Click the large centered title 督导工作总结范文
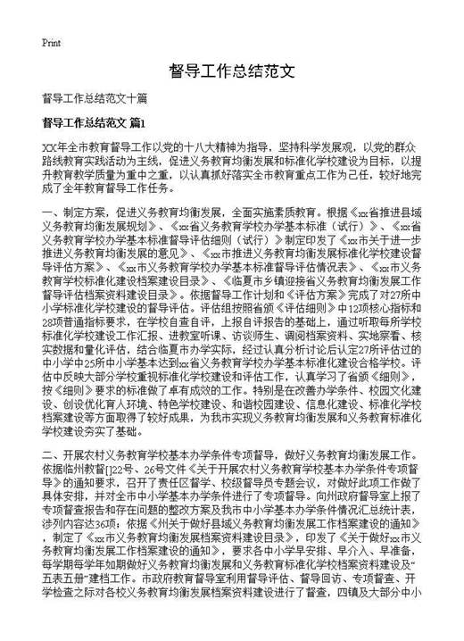pyautogui.click(x=230, y=71)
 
